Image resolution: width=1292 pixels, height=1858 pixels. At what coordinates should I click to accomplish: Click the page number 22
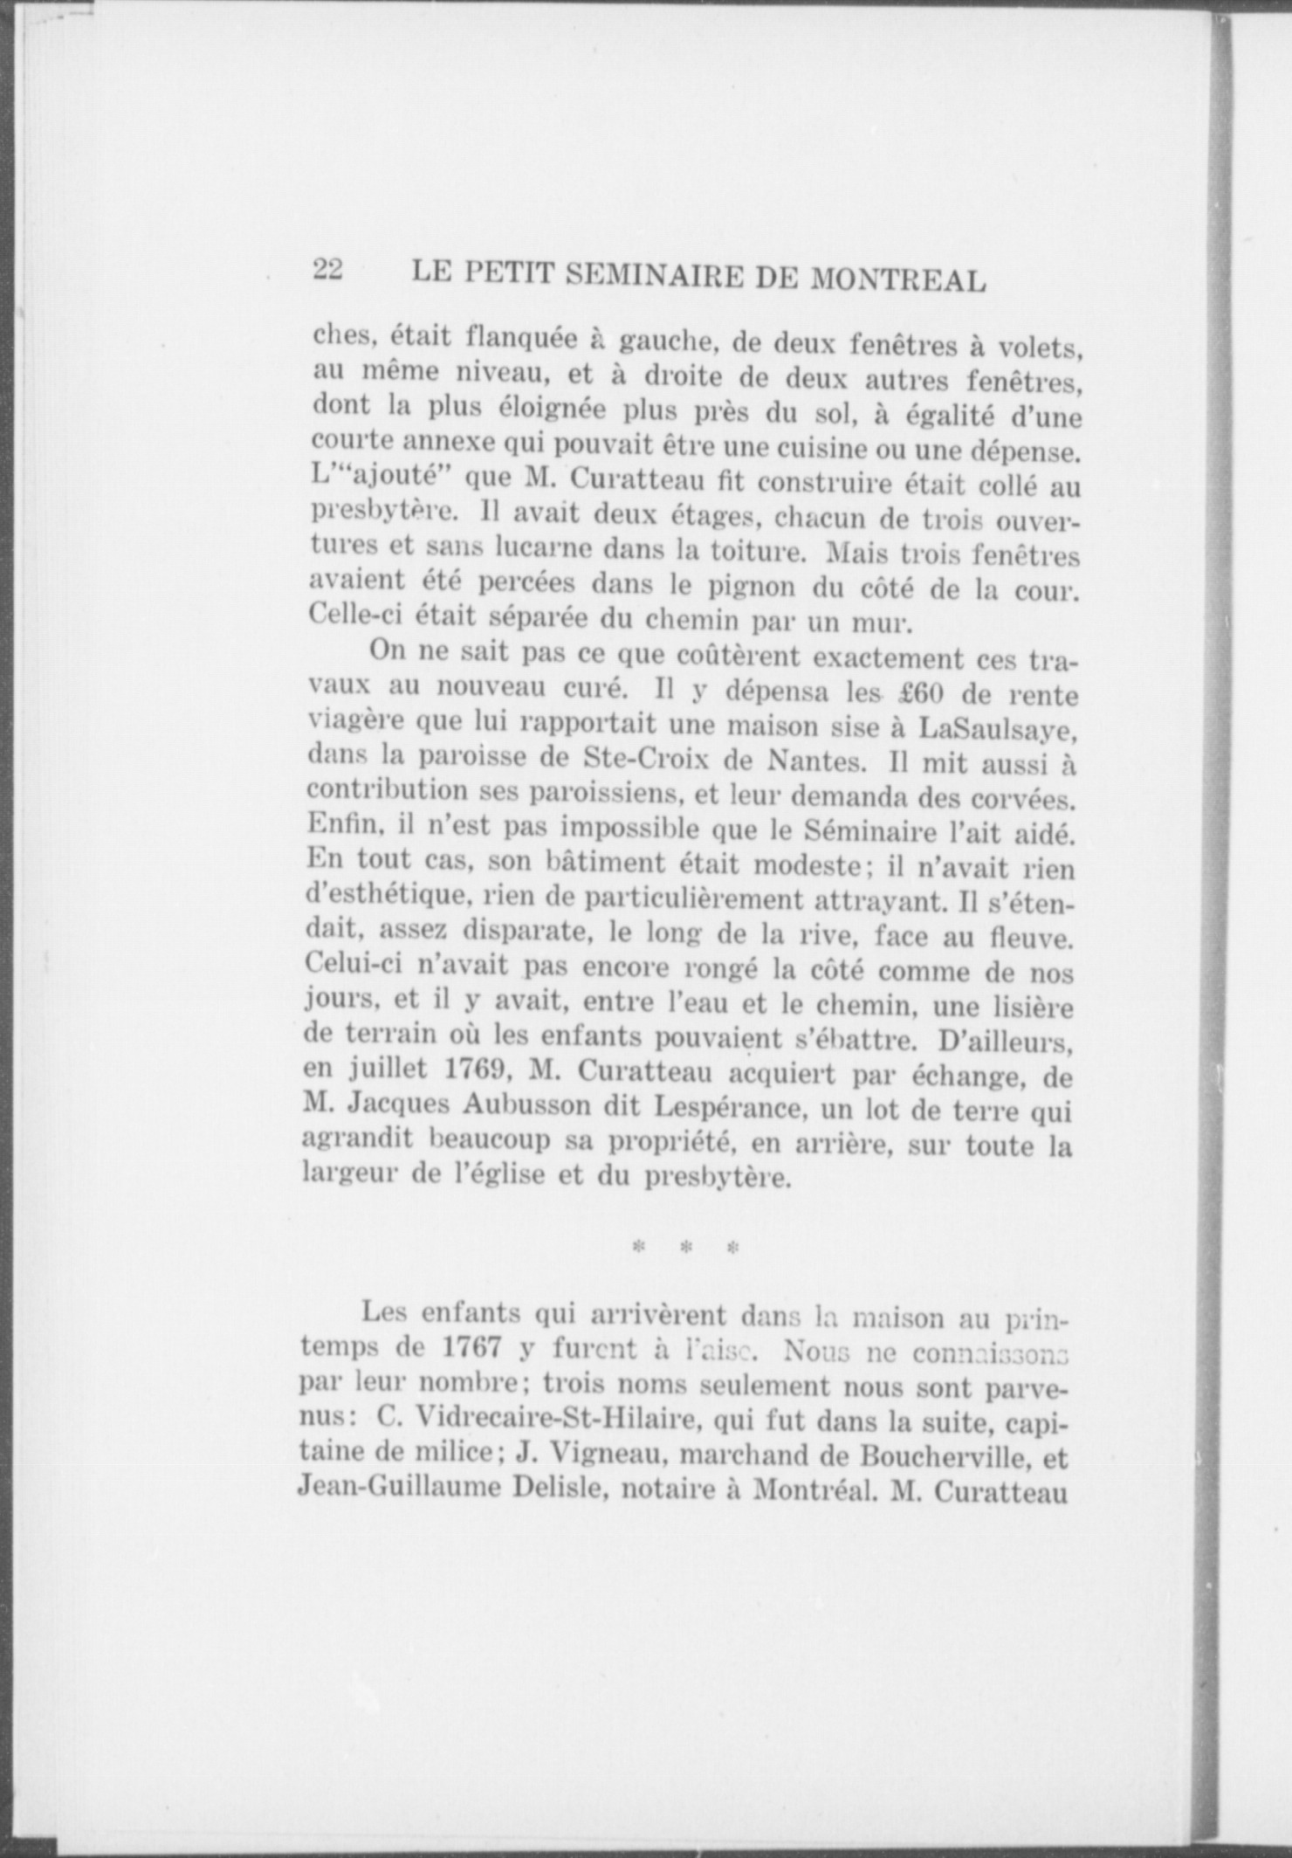[x=328, y=270]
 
